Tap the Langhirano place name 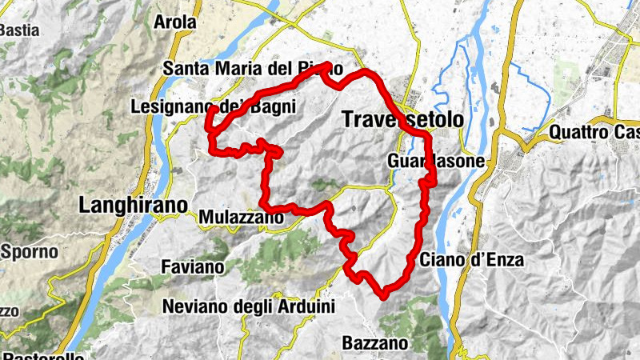pos(134,205)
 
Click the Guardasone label pos(436,161)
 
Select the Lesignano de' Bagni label pos(213,106)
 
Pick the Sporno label pos(30,251)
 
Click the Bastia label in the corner pos(20,30)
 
